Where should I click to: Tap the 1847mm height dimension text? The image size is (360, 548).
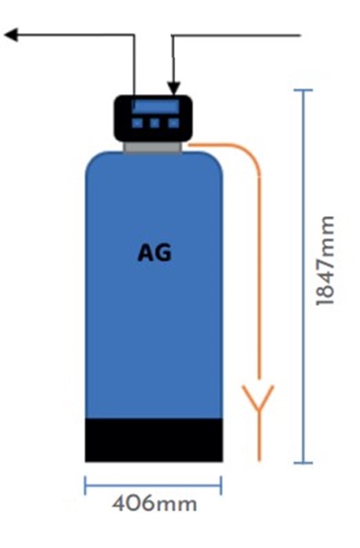click(325, 261)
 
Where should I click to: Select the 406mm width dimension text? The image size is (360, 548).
click(154, 504)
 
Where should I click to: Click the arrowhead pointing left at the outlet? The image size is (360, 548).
click(11, 34)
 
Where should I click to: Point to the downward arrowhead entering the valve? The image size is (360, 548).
click(174, 88)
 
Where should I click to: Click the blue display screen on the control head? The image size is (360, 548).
click(156, 106)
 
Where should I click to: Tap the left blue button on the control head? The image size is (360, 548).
click(137, 123)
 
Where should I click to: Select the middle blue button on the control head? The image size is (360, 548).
click(155, 123)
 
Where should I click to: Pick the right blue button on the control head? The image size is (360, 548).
click(174, 123)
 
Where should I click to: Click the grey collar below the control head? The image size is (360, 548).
click(153, 147)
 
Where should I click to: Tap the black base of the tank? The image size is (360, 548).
click(154, 440)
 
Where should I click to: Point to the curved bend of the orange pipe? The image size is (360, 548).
click(249, 153)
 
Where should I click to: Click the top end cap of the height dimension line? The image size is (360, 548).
click(303, 90)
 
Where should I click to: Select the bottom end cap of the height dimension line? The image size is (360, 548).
click(303, 463)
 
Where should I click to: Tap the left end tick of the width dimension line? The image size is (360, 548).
click(85, 485)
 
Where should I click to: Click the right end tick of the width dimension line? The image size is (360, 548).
click(221, 485)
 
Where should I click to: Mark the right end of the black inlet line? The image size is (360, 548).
click(301, 35)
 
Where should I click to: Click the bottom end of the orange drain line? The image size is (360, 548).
click(259, 460)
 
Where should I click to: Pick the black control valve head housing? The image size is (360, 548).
click(153, 117)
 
